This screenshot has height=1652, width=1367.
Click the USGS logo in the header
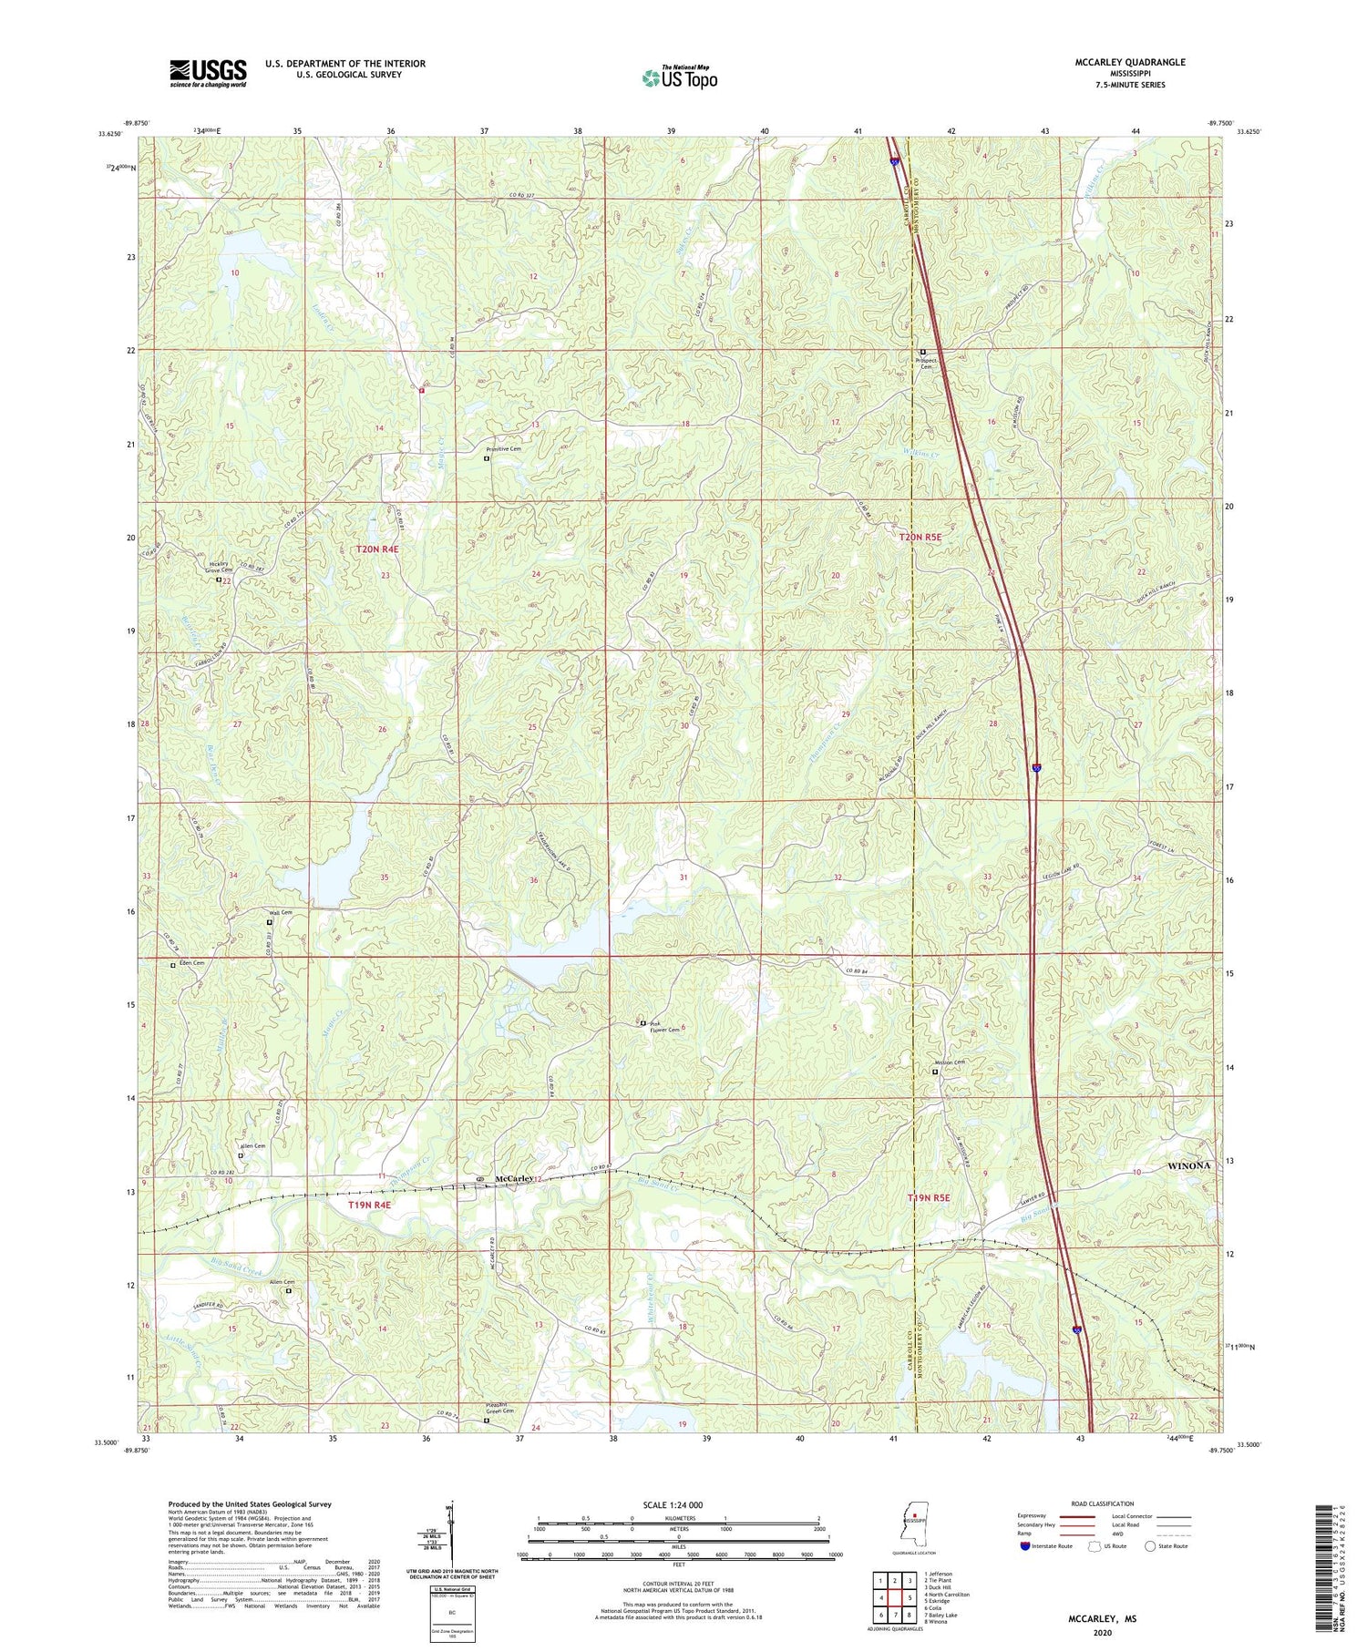(208, 73)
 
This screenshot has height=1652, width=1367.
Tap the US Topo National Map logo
(679, 77)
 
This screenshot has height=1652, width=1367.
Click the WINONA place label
(1190, 1165)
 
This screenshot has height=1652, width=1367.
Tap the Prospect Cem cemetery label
(924, 363)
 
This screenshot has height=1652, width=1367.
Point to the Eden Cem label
(191, 963)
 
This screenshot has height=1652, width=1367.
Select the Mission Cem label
(948, 1062)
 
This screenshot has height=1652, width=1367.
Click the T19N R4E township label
(375, 1206)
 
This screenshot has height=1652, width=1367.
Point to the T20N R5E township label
(920, 538)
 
